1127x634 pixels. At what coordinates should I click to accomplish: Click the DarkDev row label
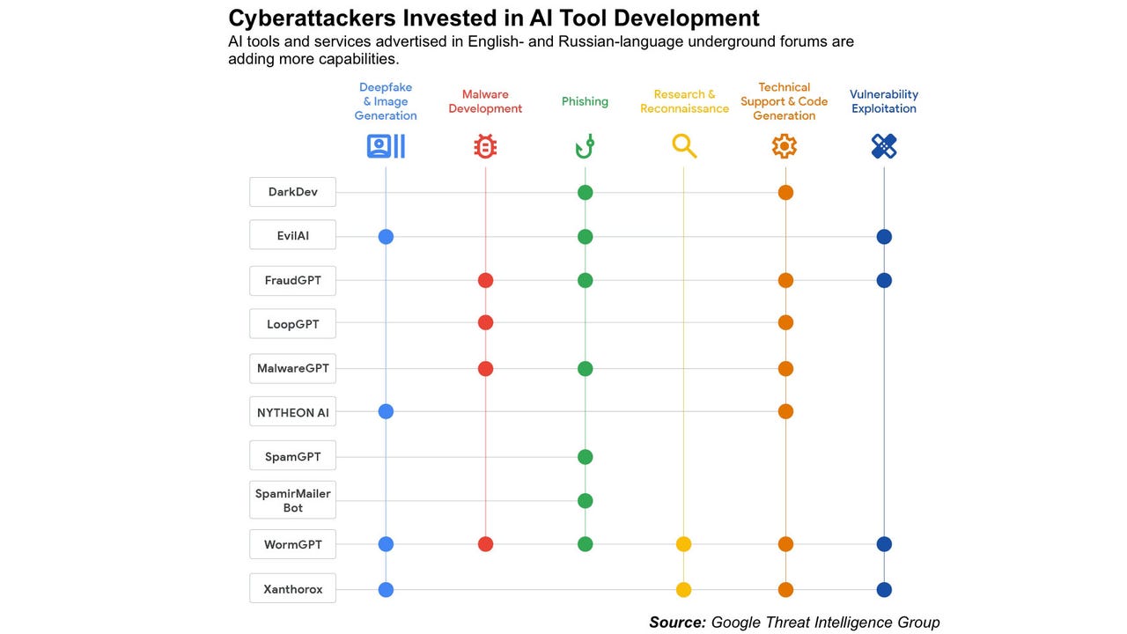pos(292,192)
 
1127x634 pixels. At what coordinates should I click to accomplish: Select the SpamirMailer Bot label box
pos(292,500)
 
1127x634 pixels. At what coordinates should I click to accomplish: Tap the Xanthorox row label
pos(292,589)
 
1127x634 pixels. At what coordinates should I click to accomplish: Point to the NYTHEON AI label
pos(292,412)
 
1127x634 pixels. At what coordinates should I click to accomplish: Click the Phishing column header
pos(585,101)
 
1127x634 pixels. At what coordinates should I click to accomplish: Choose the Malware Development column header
pos(485,101)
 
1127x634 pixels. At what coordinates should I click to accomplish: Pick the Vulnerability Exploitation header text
pos(883,101)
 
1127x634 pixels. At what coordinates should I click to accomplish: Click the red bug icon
pos(485,146)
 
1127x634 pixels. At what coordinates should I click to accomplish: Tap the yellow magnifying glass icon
pos(684,146)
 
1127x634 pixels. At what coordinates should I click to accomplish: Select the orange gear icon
pos(784,146)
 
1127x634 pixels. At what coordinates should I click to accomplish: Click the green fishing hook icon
pos(585,146)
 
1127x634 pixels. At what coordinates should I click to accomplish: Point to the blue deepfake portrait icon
pos(386,146)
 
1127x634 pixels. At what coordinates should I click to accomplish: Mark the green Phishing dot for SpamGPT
pos(585,457)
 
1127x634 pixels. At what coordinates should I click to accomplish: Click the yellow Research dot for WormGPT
pos(683,544)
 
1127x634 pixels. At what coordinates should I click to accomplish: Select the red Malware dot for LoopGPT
pos(485,322)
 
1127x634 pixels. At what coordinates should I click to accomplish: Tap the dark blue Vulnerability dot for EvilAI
pos(884,236)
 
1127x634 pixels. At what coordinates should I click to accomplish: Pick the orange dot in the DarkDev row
pos(785,192)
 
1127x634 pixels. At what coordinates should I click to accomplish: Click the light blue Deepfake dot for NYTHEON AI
pos(386,411)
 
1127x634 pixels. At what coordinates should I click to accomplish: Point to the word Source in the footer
pos(677,623)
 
